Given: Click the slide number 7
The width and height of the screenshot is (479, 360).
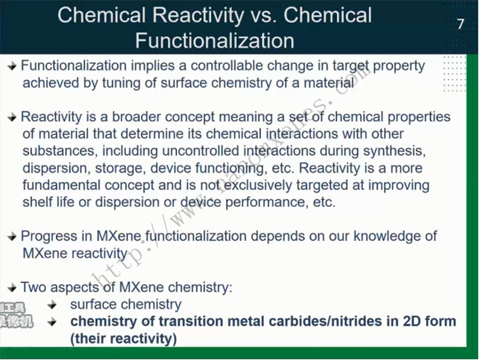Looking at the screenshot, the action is pyautogui.click(x=461, y=24).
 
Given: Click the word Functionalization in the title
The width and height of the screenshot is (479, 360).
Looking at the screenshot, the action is pyautogui.click(x=215, y=40).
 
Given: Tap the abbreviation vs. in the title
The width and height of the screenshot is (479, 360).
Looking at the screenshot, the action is pyautogui.click(x=263, y=15).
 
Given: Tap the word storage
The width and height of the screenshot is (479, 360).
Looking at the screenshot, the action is pyautogui.click(x=120, y=169).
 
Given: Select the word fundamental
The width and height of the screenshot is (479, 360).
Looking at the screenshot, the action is pyautogui.click(x=61, y=185).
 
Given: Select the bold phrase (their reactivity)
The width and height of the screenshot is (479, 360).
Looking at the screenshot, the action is pyautogui.click(x=123, y=339).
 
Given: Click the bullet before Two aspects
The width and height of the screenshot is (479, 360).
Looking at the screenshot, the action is pyautogui.click(x=12, y=288).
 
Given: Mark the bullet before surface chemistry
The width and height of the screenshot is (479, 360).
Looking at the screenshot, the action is pyautogui.click(x=53, y=305).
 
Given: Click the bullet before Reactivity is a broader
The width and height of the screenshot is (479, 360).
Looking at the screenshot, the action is pyautogui.click(x=12, y=117).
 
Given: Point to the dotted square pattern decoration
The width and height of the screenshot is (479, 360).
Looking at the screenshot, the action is pyautogui.click(x=455, y=73).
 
